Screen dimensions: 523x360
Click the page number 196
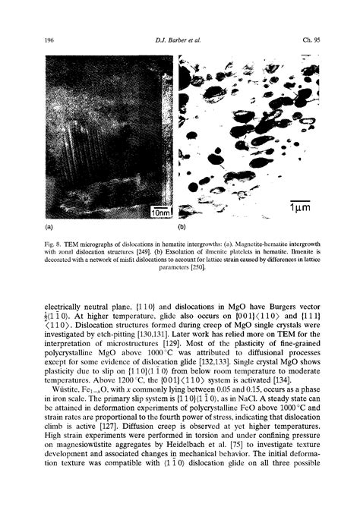(52, 39)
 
